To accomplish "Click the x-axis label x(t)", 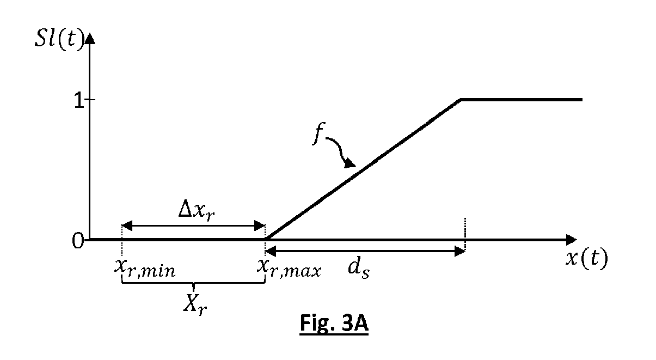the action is point(586,258).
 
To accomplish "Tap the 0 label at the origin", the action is point(77,240).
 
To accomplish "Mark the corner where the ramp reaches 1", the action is point(461,100).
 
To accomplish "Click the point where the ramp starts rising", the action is point(266,239).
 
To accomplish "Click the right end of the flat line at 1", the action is point(581,100).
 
